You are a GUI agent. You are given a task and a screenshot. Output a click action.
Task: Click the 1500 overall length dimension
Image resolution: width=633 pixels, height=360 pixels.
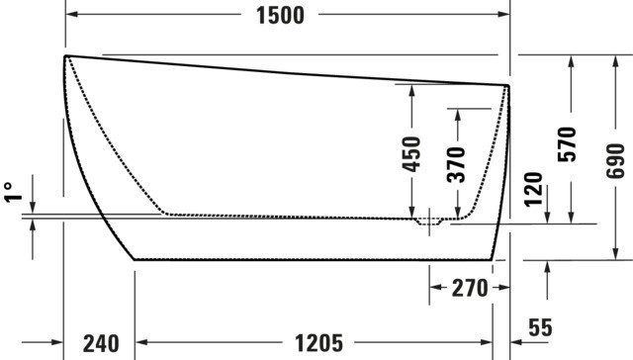point(280,16)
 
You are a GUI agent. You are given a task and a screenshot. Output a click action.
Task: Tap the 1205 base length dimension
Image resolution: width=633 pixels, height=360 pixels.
point(318,343)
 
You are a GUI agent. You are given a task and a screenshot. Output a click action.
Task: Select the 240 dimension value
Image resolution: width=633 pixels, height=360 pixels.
point(101,343)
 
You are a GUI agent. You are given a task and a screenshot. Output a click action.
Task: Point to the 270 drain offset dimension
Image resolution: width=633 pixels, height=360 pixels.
point(470,288)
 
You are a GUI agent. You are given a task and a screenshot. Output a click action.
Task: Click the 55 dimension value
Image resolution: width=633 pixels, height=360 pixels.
point(540,327)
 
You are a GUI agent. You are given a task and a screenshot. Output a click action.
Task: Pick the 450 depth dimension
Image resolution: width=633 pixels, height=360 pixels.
point(412,154)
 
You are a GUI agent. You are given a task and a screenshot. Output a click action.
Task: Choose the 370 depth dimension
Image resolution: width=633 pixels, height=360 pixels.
point(457,164)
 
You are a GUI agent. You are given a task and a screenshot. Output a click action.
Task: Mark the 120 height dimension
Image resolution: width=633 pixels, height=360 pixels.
point(533,189)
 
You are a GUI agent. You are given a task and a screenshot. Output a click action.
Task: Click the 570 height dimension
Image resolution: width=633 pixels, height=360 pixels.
point(567,144)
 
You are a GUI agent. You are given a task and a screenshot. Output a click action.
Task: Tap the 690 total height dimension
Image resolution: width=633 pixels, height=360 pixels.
point(615,160)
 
